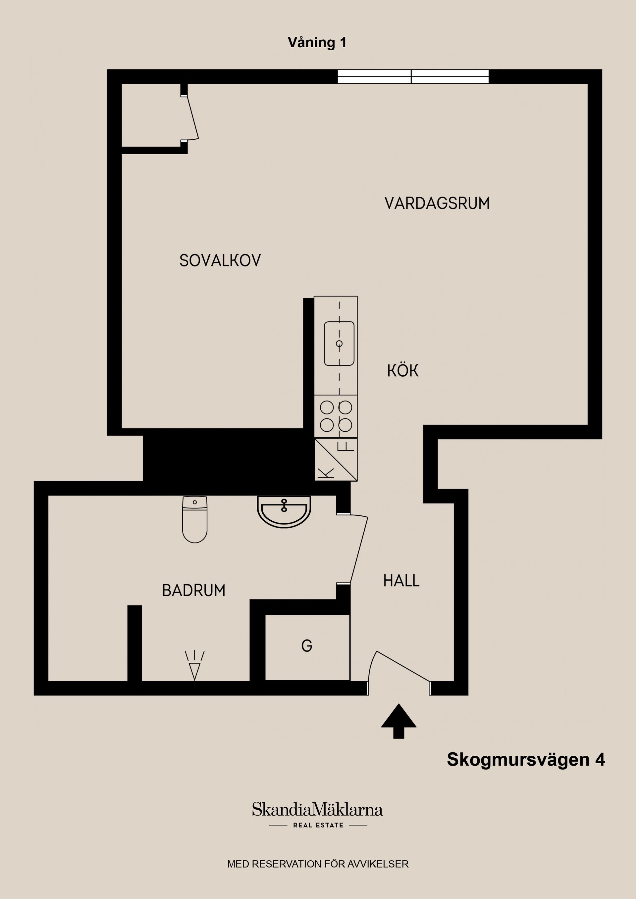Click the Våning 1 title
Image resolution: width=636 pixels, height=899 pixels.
tap(317, 43)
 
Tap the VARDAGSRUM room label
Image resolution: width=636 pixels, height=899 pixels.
tap(437, 204)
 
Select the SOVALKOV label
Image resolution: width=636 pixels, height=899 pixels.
tap(220, 260)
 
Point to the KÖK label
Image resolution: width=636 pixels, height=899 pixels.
tap(402, 371)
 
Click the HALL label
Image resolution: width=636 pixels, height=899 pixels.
tap(401, 581)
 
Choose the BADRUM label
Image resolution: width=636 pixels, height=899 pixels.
tap(193, 591)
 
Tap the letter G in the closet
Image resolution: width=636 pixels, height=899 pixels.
tap(307, 646)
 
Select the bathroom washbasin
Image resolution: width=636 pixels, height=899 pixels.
tap(284, 511)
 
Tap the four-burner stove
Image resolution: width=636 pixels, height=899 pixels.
tap(336, 416)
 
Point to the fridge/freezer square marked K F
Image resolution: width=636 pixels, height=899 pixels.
tap(336, 459)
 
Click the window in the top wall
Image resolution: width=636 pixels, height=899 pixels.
tap(413, 77)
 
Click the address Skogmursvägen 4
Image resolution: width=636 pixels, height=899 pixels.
tap(526, 760)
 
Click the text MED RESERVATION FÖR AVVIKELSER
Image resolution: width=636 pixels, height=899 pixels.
tap(318, 864)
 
